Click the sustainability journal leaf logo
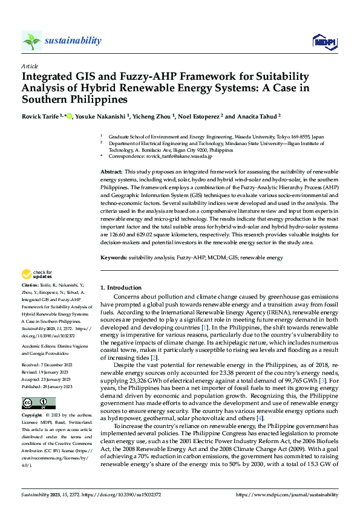point(31,41)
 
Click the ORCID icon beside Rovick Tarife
point(68,115)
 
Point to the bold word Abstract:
point(112,173)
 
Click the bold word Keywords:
point(114,258)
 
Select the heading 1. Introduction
point(120,288)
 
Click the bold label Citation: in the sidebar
point(29,284)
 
